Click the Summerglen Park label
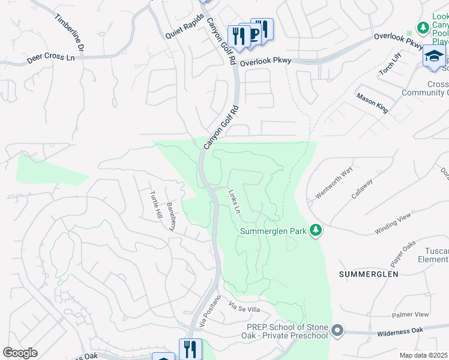[274, 231]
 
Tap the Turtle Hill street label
[155, 205]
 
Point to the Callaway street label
[362, 188]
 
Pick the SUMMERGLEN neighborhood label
[369, 274]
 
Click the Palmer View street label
[411, 314]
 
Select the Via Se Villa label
[244, 308]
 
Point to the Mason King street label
[372, 103]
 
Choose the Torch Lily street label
[389, 64]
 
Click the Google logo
[20, 353]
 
